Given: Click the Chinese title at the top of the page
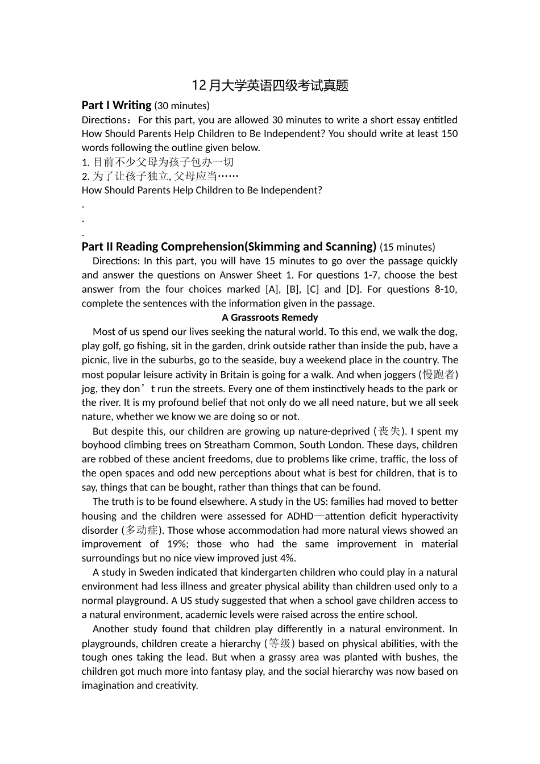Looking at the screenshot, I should (x=270, y=86).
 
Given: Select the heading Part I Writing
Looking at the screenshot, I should (x=117, y=105).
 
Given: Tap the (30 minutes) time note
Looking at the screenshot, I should (x=182, y=106).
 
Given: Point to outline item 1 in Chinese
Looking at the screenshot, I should (x=158, y=162).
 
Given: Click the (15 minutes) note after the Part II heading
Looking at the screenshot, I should (x=407, y=247).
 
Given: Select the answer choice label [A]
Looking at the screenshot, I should (x=273, y=289).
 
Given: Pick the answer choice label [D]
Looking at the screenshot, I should (x=353, y=289).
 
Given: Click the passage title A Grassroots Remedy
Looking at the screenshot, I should (x=270, y=318).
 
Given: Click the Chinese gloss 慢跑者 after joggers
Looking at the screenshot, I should (x=439, y=375).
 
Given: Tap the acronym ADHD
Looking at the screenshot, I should (x=300, y=516).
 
